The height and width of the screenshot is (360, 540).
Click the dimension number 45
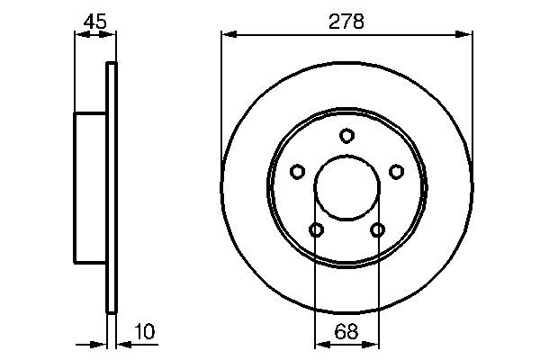[x=94, y=20]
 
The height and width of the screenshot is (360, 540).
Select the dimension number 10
[x=144, y=333]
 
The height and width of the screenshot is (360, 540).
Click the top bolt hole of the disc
[x=346, y=136]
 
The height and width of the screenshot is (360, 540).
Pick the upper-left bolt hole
[x=297, y=171]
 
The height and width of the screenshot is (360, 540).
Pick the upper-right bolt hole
[x=396, y=171]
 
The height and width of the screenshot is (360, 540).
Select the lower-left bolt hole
[x=316, y=230]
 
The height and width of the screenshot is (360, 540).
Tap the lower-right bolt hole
[x=377, y=230]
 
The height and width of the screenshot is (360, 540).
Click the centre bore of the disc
[x=346, y=189]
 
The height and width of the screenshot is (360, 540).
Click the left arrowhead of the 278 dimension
[x=228, y=34]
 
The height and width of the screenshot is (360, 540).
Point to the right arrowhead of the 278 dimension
[x=465, y=34]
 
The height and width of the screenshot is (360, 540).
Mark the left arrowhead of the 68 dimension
[x=320, y=343]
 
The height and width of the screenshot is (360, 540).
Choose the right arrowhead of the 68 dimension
[x=373, y=343]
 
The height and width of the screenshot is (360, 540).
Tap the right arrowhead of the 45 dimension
[x=111, y=34]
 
